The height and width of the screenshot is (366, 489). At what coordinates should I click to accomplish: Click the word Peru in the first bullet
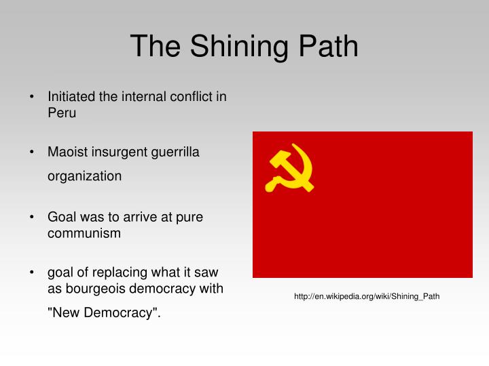pos(62,113)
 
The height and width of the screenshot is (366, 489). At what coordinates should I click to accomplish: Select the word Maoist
pos(67,152)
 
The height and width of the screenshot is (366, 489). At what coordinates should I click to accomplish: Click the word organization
pos(84,176)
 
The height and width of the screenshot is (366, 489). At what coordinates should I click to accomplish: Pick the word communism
pos(84,233)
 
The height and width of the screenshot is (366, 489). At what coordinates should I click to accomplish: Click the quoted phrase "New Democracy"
pos(104,313)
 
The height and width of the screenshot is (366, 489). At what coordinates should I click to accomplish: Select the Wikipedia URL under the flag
pos(367,296)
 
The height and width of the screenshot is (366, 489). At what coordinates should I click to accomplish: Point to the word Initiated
pos(71,96)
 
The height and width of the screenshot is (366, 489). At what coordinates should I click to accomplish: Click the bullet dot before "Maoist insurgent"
pos(32,152)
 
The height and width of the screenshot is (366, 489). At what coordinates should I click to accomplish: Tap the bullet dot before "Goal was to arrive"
pos(32,217)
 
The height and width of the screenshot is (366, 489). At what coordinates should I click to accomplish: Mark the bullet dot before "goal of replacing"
pos(32,272)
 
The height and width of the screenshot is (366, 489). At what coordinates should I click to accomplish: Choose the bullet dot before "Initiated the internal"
pos(32,96)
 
